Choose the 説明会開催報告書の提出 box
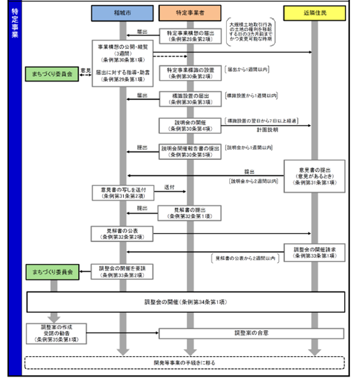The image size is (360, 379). point(189,150)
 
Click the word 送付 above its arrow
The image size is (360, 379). point(170,188)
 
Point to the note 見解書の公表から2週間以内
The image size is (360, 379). point(244,258)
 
